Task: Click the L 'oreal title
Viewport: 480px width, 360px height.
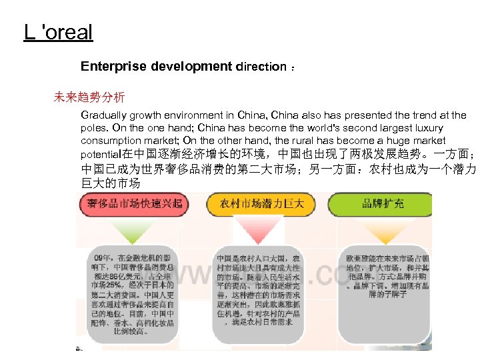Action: [x=58, y=32]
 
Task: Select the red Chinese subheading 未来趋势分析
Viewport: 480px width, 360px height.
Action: [x=89, y=97]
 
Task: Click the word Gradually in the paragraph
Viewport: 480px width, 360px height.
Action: [x=104, y=115]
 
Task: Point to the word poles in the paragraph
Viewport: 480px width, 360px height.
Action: [x=94, y=128]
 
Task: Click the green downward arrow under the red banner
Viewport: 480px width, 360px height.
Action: [x=133, y=231]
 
